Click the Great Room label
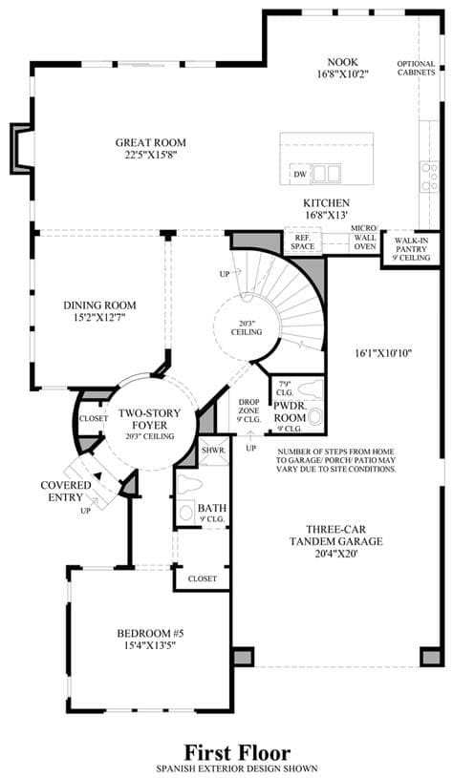[x=151, y=142]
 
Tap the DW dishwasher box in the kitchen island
[x=299, y=174]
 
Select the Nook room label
[x=343, y=62]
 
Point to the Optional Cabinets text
[x=417, y=68]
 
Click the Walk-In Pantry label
[x=411, y=249]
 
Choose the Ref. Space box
[x=303, y=242]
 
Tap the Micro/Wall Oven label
[x=365, y=237]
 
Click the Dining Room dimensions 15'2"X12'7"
[x=99, y=316]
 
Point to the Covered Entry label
[x=66, y=491]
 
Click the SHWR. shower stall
[x=214, y=451]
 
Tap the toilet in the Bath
[x=187, y=483]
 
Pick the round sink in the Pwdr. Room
[x=314, y=416]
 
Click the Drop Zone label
[x=247, y=410]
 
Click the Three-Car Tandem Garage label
[x=336, y=535]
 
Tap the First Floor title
[x=237, y=752]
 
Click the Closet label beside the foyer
[x=94, y=418]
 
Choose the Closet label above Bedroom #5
[x=203, y=578]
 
